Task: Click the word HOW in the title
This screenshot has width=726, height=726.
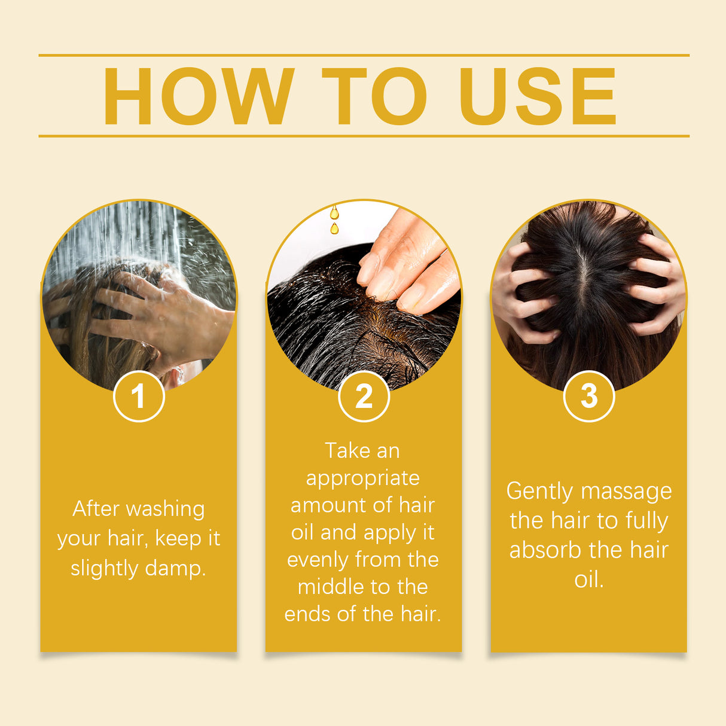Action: [199, 97]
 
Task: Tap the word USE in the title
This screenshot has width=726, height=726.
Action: [537, 97]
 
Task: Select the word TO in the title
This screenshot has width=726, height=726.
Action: [374, 97]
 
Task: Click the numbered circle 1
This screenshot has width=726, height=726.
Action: [139, 396]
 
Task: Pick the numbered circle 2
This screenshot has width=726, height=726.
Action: [364, 396]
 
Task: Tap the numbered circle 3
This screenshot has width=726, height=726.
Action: [589, 396]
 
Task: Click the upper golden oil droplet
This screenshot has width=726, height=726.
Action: [334, 213]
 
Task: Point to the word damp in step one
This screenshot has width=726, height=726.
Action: [175, 568]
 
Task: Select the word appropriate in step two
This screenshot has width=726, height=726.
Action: [363, 478]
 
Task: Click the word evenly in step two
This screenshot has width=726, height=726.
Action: [317, 560]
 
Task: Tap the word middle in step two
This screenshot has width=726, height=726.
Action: [329, 587]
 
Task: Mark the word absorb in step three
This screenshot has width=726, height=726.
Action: [545, 550]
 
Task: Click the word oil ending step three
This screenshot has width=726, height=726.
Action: [588, 579]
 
